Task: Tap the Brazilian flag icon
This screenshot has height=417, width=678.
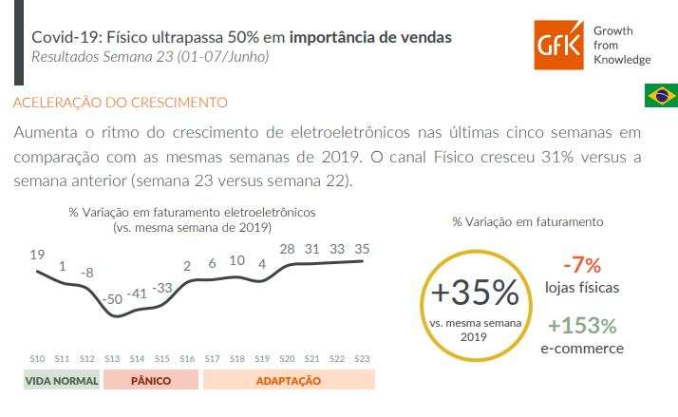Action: click(x=661, y=96)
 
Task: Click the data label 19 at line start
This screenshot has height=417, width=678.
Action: click(x=37, y=255)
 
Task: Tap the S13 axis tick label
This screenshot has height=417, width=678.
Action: click(x=111, y=358)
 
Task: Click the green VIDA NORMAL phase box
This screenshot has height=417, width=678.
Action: click(x=62, y=381)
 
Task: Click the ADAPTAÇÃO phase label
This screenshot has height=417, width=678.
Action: click(x=289, y=381)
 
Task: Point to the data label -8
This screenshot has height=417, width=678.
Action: click(x=86, y=273)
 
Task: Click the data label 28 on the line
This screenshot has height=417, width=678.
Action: click(x=288, y=249)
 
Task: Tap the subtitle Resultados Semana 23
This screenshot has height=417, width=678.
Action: click(x=150, y=58)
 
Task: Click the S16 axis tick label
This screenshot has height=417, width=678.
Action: click(x=186, y=358)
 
